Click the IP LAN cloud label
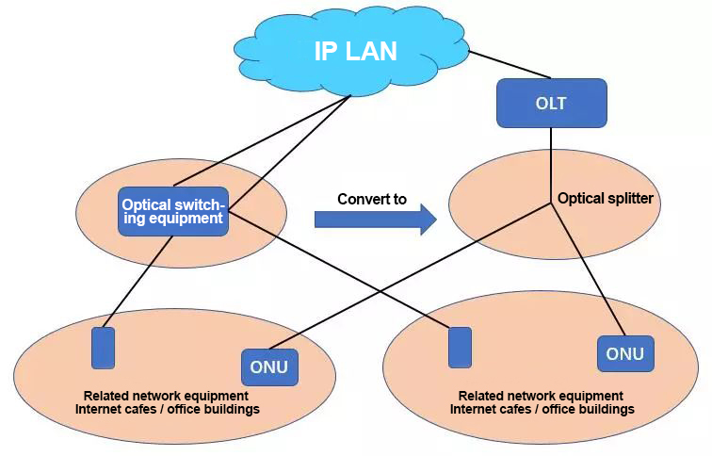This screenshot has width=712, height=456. click(x=355, y=51)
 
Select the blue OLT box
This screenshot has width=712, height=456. click(x=551, y=104)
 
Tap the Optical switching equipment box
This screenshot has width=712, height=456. click(x=173, y=211)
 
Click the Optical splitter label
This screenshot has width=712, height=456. click(x=606, y=199)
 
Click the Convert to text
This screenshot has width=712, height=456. click(x=372, y=200)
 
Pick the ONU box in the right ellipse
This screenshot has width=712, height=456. click(x=624, y=354)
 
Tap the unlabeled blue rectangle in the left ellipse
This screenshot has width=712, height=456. click(x=103, y=348)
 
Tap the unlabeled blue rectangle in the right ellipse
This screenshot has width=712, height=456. click(x=460, y=348)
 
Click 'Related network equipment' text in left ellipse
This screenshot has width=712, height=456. click(x=166, y=396)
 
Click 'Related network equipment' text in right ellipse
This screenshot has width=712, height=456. click(x=541, y=396)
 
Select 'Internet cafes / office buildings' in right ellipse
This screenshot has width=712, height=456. click(x=542, y=409)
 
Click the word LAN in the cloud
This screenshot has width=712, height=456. click(x=371, y=51)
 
